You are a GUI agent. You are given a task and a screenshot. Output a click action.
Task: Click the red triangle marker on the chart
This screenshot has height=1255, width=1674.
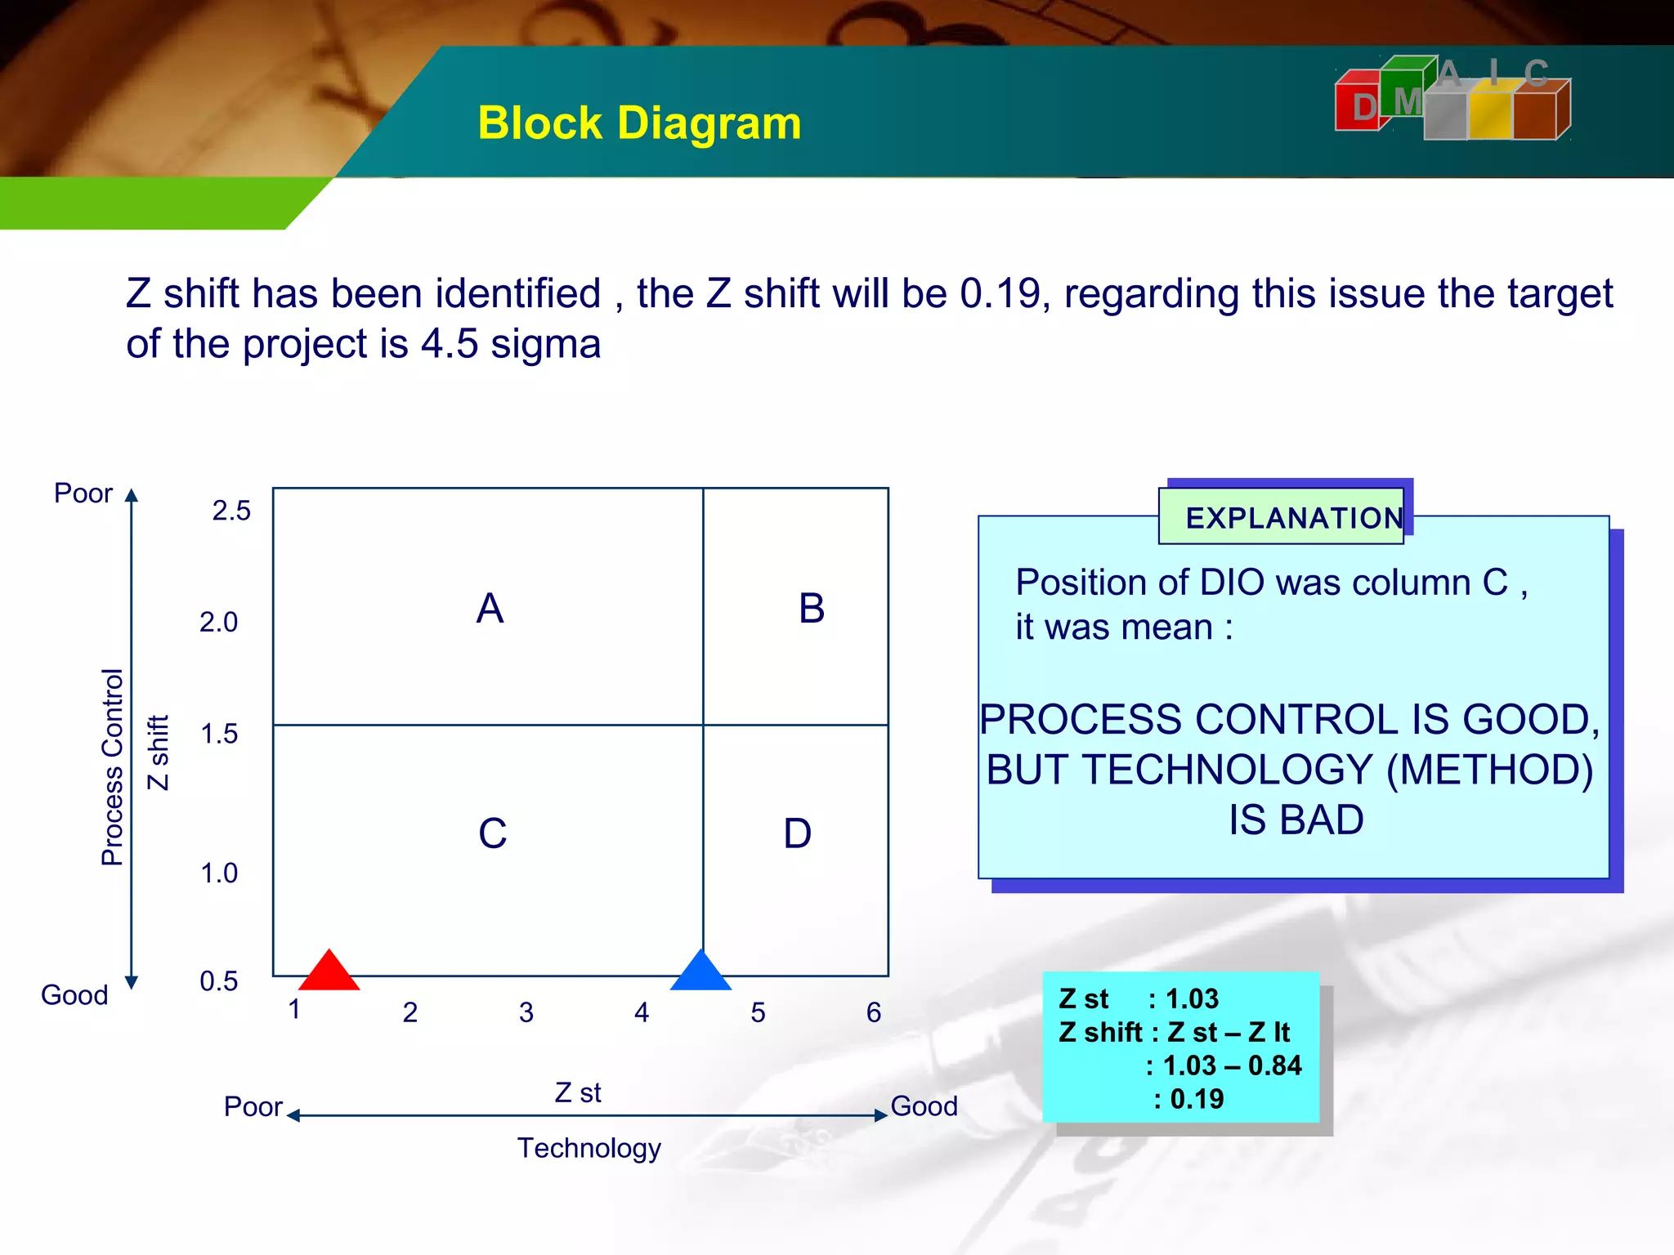(x=329, y=972)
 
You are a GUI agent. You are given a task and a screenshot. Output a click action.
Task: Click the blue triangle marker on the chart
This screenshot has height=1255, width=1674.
(x=700, y=972)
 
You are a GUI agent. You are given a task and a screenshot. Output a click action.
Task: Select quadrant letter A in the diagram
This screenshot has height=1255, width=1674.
(x=490, y=609)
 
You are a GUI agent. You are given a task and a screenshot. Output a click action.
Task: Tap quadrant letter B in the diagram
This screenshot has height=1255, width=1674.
(x=812, y=609)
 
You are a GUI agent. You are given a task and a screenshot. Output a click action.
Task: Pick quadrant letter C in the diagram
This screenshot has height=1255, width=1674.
(x=492, y=833)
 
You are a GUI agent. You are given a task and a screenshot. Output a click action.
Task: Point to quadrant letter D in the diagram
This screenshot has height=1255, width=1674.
(x=797, y=833)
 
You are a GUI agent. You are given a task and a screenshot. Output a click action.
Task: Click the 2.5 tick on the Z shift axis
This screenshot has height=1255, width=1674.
(x=231, y=511)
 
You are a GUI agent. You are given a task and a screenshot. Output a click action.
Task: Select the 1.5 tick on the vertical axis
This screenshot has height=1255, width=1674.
(x=219, y=734)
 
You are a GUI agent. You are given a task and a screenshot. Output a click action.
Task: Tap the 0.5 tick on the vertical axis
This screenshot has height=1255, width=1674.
(x=219, y=981)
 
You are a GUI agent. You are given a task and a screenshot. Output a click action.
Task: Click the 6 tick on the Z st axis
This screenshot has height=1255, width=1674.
(x=874, y=1013)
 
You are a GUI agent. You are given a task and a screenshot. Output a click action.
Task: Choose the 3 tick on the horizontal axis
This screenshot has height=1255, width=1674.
(x=526, y=1013)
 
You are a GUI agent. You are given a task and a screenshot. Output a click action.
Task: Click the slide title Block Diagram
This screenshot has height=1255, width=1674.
(x=639, y=123)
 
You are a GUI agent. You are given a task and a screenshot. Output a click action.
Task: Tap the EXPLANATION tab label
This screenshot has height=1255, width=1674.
(x=1294, y=518)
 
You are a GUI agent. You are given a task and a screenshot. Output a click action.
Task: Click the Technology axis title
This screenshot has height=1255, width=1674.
(x=589, y=1148)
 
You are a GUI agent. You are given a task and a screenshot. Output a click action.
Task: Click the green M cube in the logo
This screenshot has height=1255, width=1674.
(x=1404, y=90)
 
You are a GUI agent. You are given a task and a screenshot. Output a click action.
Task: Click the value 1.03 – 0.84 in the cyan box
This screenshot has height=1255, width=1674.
(x=1232, y=1065)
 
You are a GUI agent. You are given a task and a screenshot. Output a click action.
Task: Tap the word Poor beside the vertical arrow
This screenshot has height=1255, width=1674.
(x=83, y=494)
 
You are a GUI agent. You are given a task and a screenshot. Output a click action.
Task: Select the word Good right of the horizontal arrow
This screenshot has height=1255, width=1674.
(x=924, y=1106)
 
